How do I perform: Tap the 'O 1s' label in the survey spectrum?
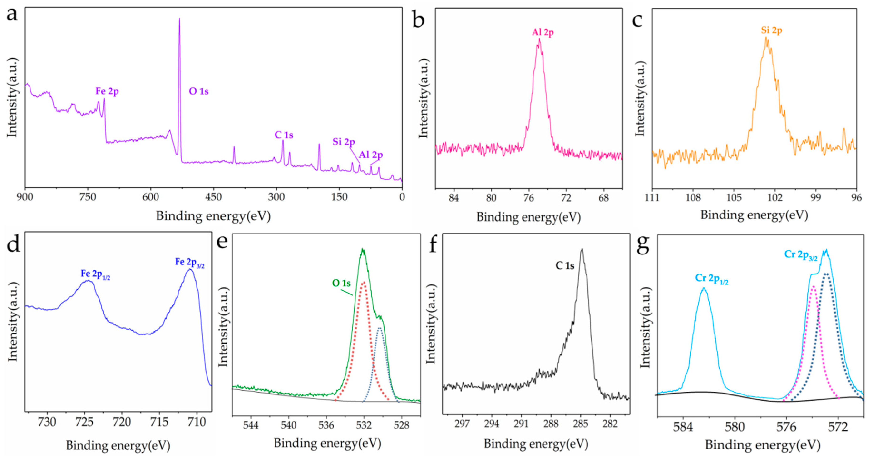click(199, 91)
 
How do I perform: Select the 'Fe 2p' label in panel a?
click(107, 91)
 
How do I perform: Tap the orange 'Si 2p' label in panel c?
click(771, 30)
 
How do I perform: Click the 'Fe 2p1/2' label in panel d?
click(95, 274)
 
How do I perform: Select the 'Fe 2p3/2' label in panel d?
click(189, 262)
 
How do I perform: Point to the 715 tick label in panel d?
click(159, 422)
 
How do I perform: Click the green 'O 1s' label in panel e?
click(341, 283)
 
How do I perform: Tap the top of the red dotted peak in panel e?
click(364, 282)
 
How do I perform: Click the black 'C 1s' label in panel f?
click(565, 266)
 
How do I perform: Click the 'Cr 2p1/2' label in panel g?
click(712, 279)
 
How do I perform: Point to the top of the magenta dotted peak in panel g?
click(813, 287)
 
